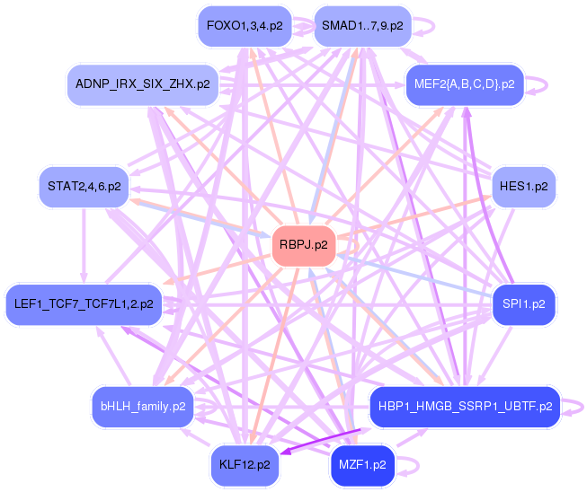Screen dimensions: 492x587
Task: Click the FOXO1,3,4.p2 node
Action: pyautogui.click(x=244, y=26)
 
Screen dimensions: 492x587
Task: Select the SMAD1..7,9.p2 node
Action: pyautogui.click(x=362, y=26)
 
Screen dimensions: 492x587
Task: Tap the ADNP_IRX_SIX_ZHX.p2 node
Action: pyautogui.click(x=143, y=83)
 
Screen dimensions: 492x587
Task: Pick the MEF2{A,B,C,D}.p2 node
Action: pyautogui.click(x=464, y=83)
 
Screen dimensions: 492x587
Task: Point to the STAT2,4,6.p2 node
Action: pyautogui.click(x=84, y=187)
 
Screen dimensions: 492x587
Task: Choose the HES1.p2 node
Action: pyautogui.click(x=524, y=187)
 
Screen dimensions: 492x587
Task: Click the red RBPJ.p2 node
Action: pyautogui.click(x=303, y=244)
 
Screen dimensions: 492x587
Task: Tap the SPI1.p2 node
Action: pyautogui.click(x=525, y=303)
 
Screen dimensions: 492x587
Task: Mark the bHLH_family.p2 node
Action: pyautogui.click(x=143, y=406)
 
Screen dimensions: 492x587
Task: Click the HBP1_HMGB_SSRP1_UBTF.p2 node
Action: pyautogui.click(x=464, y=406)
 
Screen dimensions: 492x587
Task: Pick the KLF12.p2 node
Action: pyautogui.click(x=244, y=464)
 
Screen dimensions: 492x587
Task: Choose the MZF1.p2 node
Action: pyautogui.click(x=362, y=464)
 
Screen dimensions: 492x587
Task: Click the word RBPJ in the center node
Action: pyautogui.click(x=295, y=244)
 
